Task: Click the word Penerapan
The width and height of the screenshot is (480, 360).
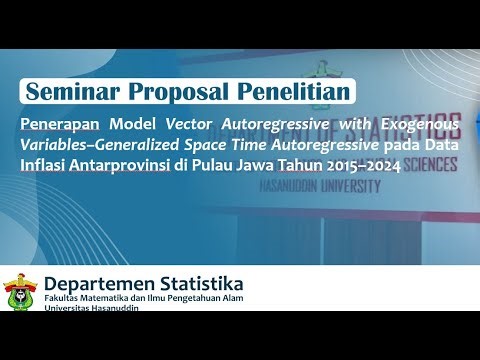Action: click(59, 124)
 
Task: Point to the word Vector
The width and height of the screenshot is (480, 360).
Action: click(191, 124)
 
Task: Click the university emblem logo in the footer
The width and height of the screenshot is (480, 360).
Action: click(20, 291)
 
